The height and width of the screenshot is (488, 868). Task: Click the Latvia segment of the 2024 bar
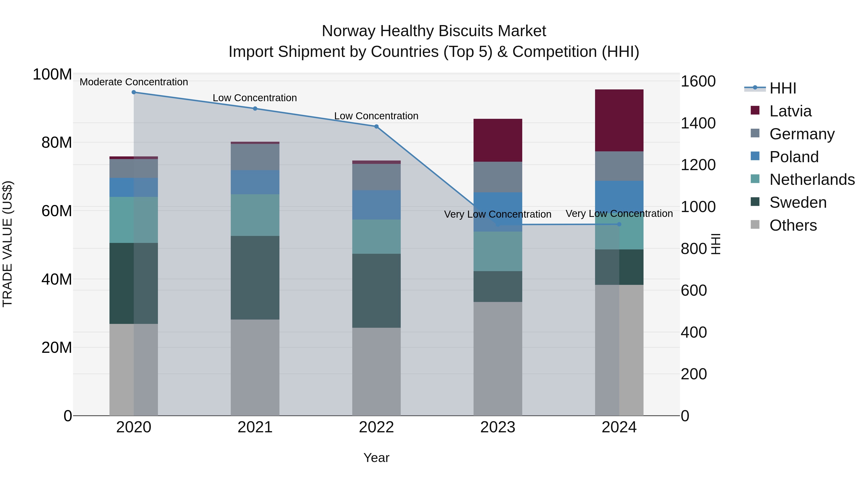(619, 120)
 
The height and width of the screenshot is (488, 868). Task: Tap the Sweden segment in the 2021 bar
(255, 278)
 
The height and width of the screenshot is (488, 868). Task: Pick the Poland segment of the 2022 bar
(376, 205)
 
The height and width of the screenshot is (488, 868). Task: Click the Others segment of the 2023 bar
(498, 358)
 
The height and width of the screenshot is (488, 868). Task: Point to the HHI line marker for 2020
(134, 92)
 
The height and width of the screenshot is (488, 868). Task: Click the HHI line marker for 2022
(376, 127)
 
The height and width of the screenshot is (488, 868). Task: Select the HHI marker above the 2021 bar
(255, 108)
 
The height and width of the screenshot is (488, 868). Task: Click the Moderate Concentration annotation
(134, 82)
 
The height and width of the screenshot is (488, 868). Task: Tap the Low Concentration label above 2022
(376, 116)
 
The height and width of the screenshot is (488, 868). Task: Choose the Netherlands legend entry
(812, 180)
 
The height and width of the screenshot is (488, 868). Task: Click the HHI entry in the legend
(782, 88)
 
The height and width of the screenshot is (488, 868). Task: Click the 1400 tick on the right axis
(698, 123)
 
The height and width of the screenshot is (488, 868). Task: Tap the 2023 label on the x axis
(498, 427)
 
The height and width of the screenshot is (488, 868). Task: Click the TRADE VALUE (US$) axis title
(7, 244)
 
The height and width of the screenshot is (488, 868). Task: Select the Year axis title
(376, 458)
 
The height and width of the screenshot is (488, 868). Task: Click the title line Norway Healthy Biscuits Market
(434, 31)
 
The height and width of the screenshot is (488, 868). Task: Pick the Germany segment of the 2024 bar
(619, 166)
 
